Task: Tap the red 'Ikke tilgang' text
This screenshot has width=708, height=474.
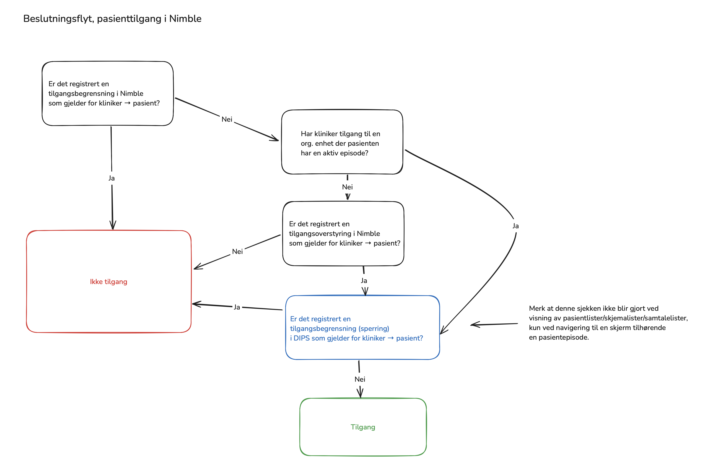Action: [x=109, y=282]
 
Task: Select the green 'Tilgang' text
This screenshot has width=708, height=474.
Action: [x=363, y=427]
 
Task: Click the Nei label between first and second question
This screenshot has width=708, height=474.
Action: [x=227, y=119]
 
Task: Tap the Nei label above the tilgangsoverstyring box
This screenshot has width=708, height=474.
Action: [x=347, y=187]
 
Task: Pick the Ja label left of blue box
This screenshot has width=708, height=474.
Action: [x=237, y=307]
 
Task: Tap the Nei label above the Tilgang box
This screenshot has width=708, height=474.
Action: [x=360, y=379]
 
